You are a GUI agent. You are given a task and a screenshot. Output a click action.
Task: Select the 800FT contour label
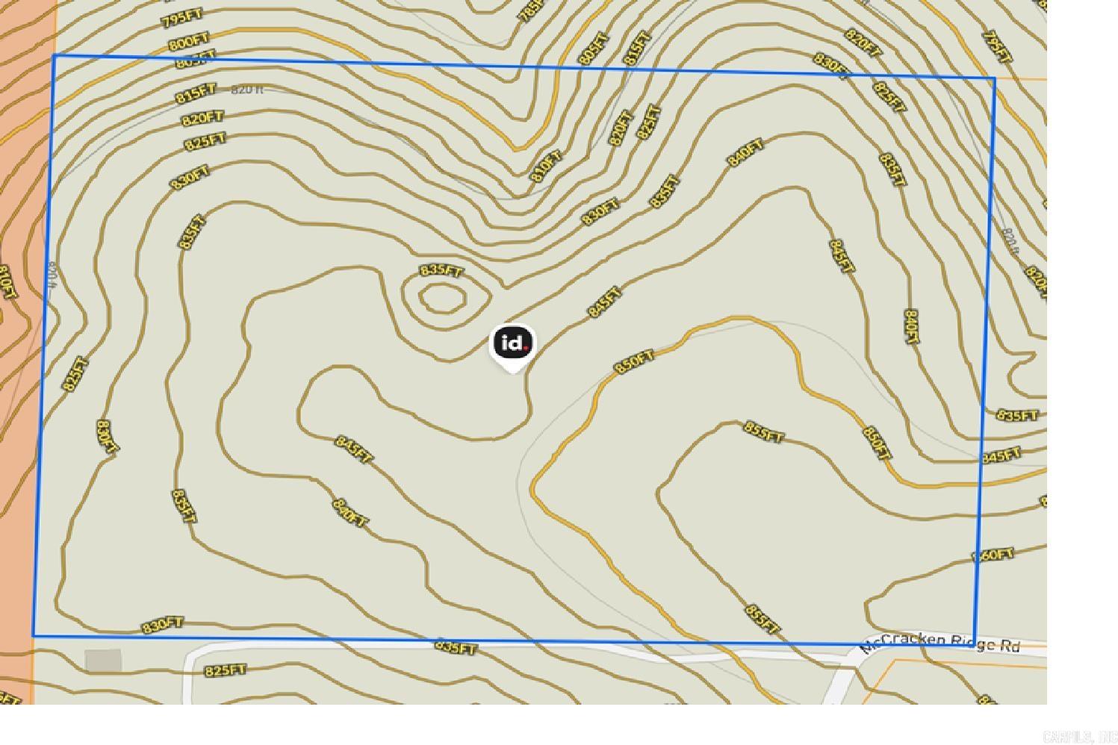point(188,43)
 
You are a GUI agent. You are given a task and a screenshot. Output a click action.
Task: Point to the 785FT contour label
point(530,10)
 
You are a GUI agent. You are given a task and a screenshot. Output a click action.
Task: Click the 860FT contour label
point(993,555)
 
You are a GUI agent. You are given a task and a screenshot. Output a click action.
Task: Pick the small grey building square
point(103,661)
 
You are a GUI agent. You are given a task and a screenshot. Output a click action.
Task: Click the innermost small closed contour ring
point(443,298)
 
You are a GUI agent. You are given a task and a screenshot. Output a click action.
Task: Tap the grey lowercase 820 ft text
point(247,90)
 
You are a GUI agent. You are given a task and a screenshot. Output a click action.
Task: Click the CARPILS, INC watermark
point(1078,738)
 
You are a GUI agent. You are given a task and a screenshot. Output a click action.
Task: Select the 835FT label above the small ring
point(441,270)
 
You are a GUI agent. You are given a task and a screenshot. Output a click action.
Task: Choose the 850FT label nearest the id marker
point(634,362)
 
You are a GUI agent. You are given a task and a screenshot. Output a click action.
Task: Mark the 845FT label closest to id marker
point(604,302)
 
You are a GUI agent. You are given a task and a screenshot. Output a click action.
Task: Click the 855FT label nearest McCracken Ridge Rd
point(763,619)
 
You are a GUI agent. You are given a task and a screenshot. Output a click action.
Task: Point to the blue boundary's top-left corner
point(54,55)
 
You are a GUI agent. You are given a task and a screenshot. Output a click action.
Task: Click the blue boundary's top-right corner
point(995,78)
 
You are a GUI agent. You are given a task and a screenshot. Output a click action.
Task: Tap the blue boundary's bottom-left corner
point(34,636)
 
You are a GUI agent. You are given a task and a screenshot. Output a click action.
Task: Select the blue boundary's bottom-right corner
point(975,642)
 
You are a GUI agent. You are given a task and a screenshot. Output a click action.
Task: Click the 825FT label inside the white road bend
point(226,670)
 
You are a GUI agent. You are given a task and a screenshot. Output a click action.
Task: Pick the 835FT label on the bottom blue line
point(456,647)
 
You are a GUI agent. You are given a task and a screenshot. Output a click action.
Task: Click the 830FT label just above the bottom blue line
point(163,625)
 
